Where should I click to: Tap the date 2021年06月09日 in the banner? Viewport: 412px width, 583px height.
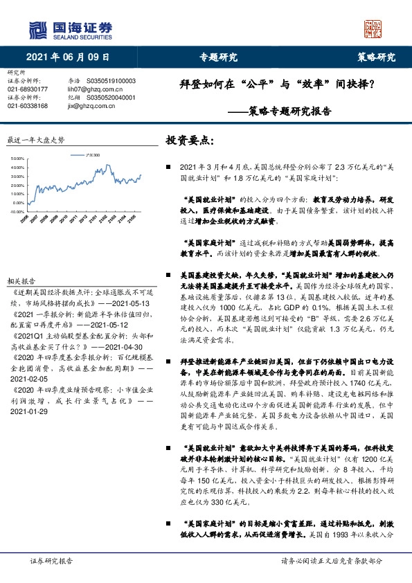(68, 57)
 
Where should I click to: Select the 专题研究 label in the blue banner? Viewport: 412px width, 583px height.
(218, 57)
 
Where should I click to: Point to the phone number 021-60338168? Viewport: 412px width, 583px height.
(28, 106)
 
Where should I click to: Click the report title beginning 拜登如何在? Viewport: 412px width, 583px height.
(267, 86)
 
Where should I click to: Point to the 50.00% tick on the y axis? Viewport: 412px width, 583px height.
(17, 159)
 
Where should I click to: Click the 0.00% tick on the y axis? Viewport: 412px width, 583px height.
(19, 202)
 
